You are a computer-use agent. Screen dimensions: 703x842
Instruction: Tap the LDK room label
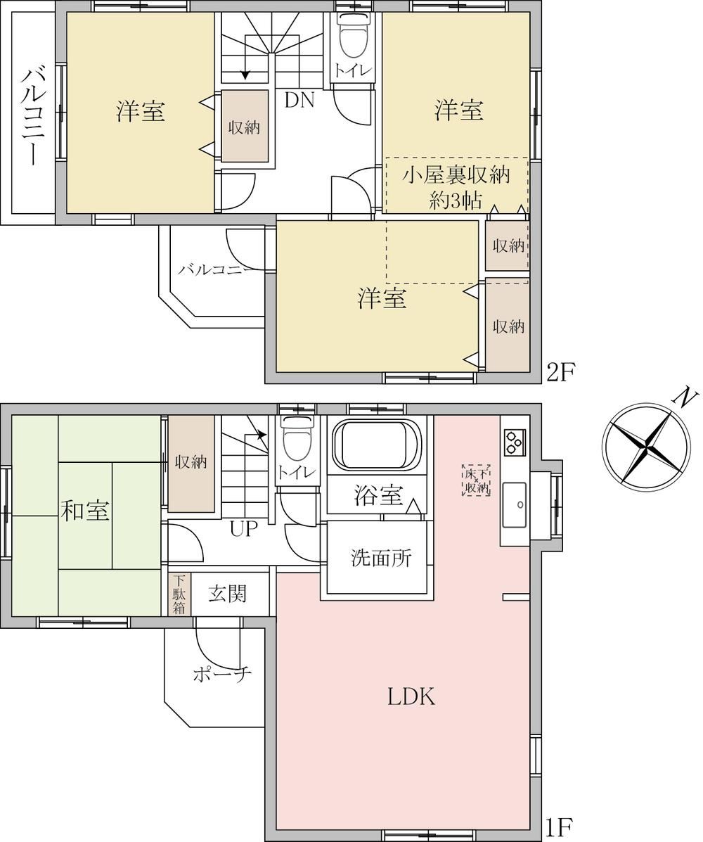point(411,696)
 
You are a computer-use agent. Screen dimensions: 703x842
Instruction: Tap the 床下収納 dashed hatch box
point(475,480)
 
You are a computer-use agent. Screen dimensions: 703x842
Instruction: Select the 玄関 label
point(228,594)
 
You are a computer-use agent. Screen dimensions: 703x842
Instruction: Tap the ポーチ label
point(222,675)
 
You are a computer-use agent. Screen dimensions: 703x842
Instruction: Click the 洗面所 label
point(381,558)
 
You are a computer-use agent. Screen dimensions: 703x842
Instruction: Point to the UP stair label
point(244,530)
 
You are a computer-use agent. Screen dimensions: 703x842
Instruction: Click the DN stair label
point(299,100)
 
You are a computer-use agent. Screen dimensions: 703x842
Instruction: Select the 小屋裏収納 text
point(456,176)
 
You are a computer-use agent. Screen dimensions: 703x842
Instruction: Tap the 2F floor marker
point(560,372)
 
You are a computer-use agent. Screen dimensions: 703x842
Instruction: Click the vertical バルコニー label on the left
point(33,116)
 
